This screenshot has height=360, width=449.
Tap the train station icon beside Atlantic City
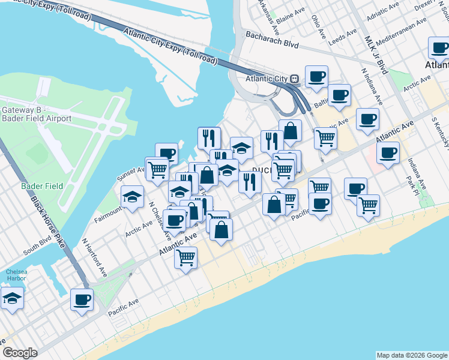(x=294, y=79)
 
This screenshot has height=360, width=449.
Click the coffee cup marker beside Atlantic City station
(x=316, y=76)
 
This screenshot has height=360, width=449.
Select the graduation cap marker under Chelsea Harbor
(x=12, y=298)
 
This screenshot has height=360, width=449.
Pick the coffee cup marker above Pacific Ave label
(x=82, y=299)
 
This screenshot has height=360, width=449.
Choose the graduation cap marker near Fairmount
(x=133, y=196)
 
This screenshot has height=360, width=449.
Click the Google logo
(x=20, y=353)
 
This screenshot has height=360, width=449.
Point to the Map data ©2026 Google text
(x=412, y=355)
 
